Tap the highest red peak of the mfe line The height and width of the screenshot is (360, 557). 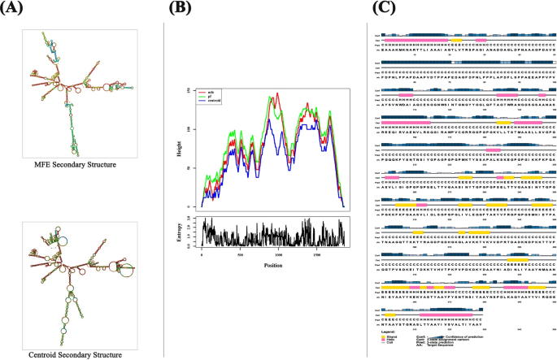click(x=278, y=93)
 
